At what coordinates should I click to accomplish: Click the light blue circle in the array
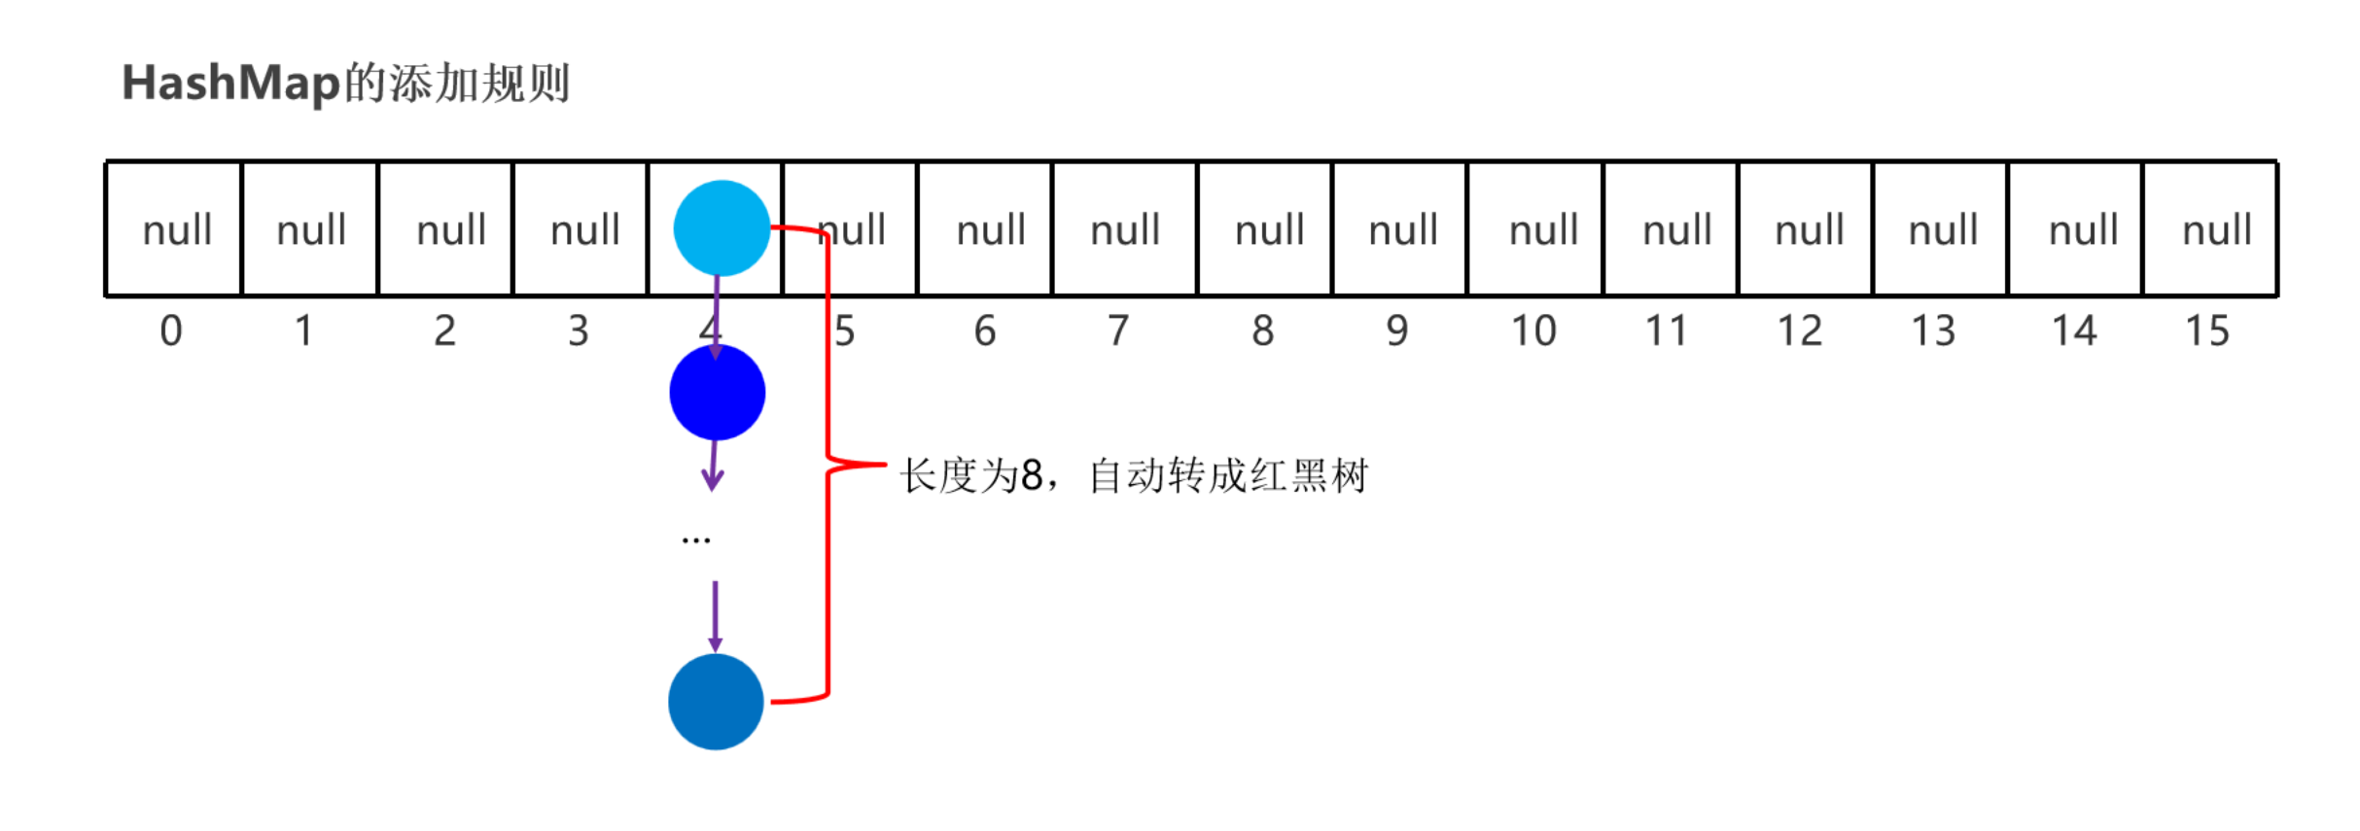click(x=722, y=228)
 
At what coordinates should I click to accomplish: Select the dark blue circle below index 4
click(x=718, y=393)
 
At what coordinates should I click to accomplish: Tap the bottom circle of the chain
click(x=716, y=702)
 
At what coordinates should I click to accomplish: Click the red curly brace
click(x=828, y=465)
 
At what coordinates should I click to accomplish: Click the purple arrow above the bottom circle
click(x=715, y=616)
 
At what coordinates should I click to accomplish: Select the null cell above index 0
click(x=175, y=229)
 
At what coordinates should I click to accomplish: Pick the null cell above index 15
click(x=2216, y=229)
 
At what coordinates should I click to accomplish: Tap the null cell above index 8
click(x=1268, y=229)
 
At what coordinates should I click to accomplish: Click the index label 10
click(x=1532, y=331)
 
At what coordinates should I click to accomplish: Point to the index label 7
click(x=1118, y=331)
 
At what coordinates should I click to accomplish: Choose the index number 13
click(x=1933, y=331)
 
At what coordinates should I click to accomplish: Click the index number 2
click(x=444, y=331)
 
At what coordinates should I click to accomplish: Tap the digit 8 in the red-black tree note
click(x=1032, y=476)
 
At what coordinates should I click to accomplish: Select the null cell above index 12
click(x=1809, y=229)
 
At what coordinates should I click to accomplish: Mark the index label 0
click(x=171, y=331)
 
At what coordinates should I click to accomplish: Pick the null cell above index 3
click(x=584, y=229)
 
